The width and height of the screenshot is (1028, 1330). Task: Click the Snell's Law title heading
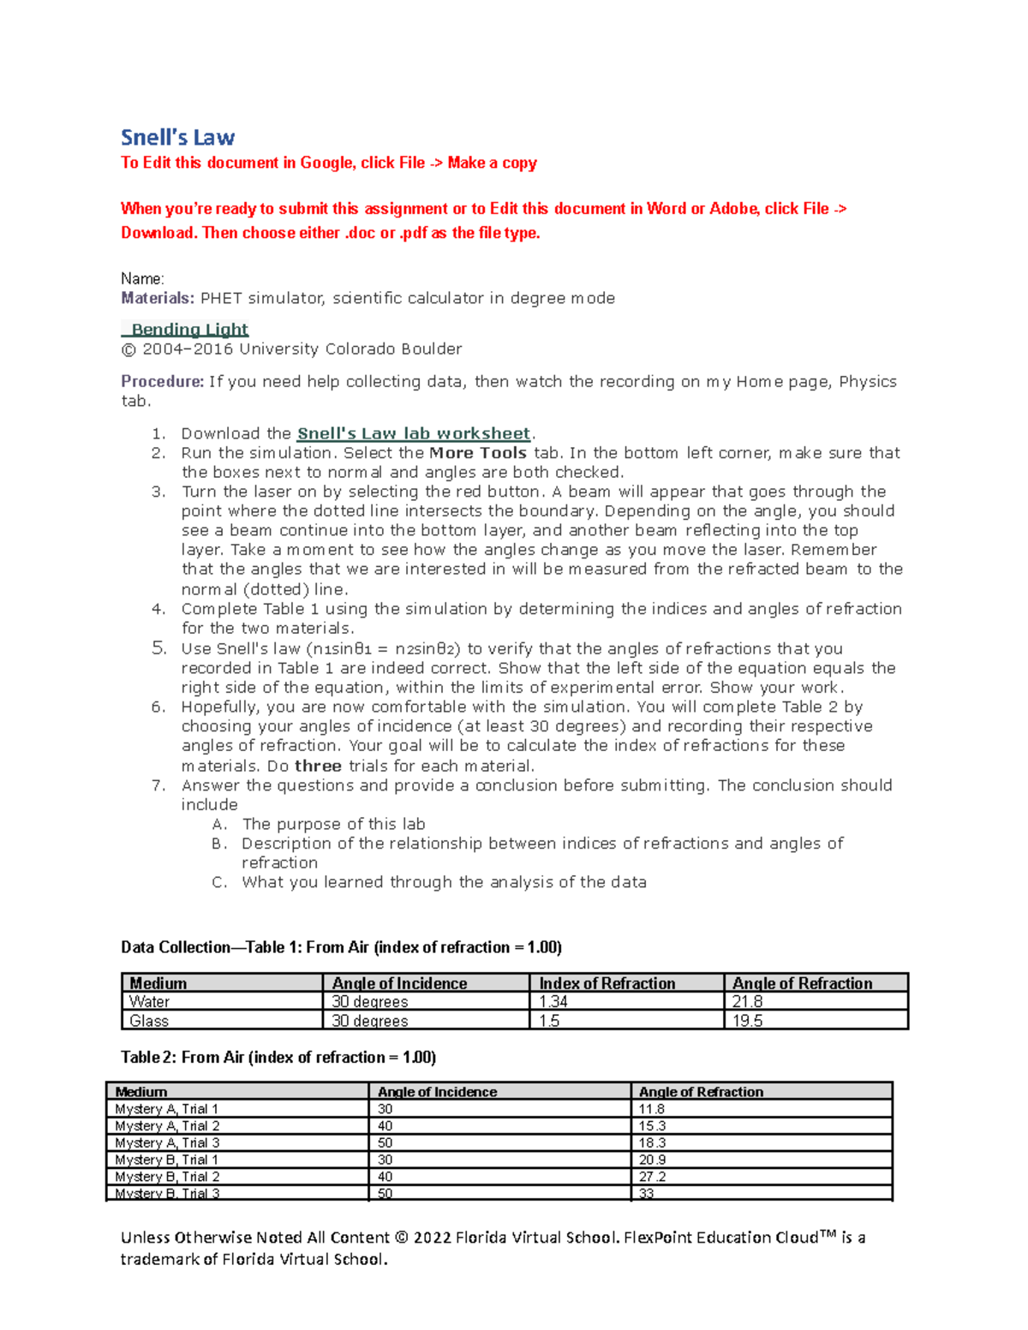(x=177, y=138)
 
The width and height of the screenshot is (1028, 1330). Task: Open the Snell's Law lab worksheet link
(x=414, y=433)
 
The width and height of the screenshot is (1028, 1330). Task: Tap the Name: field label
(x=142, y=278)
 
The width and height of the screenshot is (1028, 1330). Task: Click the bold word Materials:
(x=158, y=298)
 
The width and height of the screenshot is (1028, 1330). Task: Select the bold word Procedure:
(x=163, y=381)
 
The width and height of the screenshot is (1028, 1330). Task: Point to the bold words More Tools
(x=478, y=453)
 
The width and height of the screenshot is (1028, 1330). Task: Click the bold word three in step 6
(x=318, y=766)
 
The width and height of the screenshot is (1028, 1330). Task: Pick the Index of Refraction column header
(x=607, y=983)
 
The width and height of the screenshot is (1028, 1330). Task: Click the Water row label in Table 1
(x=149, y=1001)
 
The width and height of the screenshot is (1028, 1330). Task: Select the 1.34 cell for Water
(x=553, y=1001)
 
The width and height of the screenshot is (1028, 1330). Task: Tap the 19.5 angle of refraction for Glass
(x=747, y=1020)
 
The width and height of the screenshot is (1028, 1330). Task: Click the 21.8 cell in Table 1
(x=747, y=1001)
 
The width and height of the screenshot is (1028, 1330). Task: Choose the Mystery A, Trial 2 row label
(x=167, y=1125)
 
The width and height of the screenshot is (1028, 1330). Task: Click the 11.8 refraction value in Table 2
(x=652, y=1109)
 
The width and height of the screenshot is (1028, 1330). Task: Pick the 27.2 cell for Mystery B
(x=652, y=1177)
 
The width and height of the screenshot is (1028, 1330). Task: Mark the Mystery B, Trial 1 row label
(x=167, y=1160)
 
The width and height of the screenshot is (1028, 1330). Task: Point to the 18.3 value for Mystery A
(x=652, y=1142)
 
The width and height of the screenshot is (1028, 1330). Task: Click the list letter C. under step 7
(x=219, y=882)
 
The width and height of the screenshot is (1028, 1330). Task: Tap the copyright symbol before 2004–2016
(x=128, y=349)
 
